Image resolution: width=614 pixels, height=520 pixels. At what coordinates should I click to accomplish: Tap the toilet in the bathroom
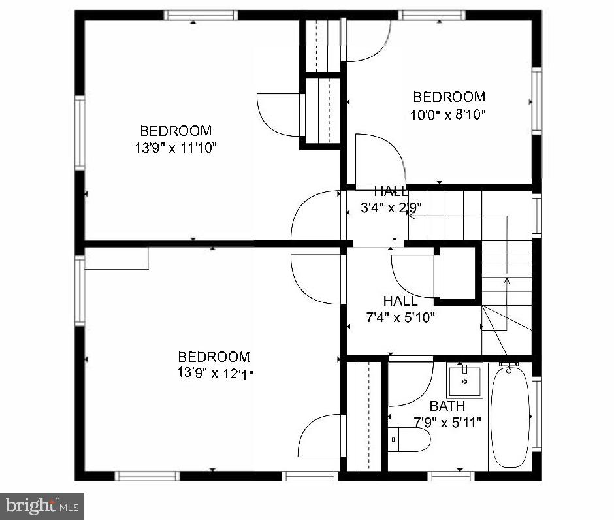[x=410, y=440]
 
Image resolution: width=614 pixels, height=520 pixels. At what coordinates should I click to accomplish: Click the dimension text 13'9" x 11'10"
[x=176, y=148]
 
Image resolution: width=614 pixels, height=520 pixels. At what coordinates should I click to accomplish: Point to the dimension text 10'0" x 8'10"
[x=449, y=114]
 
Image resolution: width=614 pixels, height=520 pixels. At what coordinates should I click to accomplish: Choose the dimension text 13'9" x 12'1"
[x=214, y=374]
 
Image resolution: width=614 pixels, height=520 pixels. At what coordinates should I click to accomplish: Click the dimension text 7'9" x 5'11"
[x=447, y=422]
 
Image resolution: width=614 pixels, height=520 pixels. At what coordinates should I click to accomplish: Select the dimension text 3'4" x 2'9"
[x=391, y=208]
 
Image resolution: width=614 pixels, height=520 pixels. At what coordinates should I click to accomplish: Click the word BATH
[x=447, y=406]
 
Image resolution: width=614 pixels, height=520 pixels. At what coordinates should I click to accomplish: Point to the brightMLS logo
[x=42, y=505]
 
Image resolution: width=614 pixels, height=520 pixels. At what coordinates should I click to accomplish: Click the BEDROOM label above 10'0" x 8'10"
[x=449, y=97]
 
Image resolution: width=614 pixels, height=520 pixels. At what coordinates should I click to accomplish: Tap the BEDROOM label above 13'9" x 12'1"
[x=214, y=357]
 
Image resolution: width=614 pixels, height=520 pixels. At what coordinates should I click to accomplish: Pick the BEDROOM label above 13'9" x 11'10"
[x=176, y=131]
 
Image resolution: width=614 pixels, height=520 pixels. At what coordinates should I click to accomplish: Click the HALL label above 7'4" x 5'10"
[x=400, y=301]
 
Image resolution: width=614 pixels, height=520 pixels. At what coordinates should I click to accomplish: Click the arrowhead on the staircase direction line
[x=506, y=281]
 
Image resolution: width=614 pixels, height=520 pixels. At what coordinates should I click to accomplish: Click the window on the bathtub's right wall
[x=537, y=414]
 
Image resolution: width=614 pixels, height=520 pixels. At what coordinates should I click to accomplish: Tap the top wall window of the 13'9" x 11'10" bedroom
[x=200, y=15]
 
